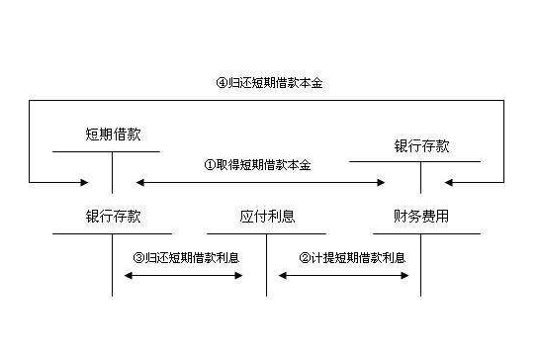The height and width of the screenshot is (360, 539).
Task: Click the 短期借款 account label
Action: coord(113,134)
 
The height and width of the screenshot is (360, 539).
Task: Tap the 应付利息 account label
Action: coord(267,216)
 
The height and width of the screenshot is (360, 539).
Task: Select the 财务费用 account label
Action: coord(420,216)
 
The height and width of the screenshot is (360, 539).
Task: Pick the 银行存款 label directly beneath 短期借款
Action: coord(113,216)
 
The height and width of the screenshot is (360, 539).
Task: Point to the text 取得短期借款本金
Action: coord(264,164)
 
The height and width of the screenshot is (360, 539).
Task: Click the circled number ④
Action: coord(222,83)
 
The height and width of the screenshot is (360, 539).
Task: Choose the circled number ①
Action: coord(210,164)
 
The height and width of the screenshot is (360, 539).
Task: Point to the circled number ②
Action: coord(304,257)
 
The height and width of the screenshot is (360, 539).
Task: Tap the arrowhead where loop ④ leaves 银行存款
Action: coord(451,182)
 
